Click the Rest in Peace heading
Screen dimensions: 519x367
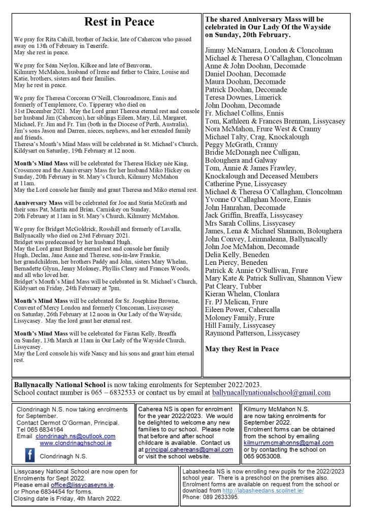(119, 22)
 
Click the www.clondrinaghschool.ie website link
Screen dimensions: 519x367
(76, 443)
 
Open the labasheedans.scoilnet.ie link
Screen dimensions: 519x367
(268, 491)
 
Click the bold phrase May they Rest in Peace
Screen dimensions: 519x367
(242, 349)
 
